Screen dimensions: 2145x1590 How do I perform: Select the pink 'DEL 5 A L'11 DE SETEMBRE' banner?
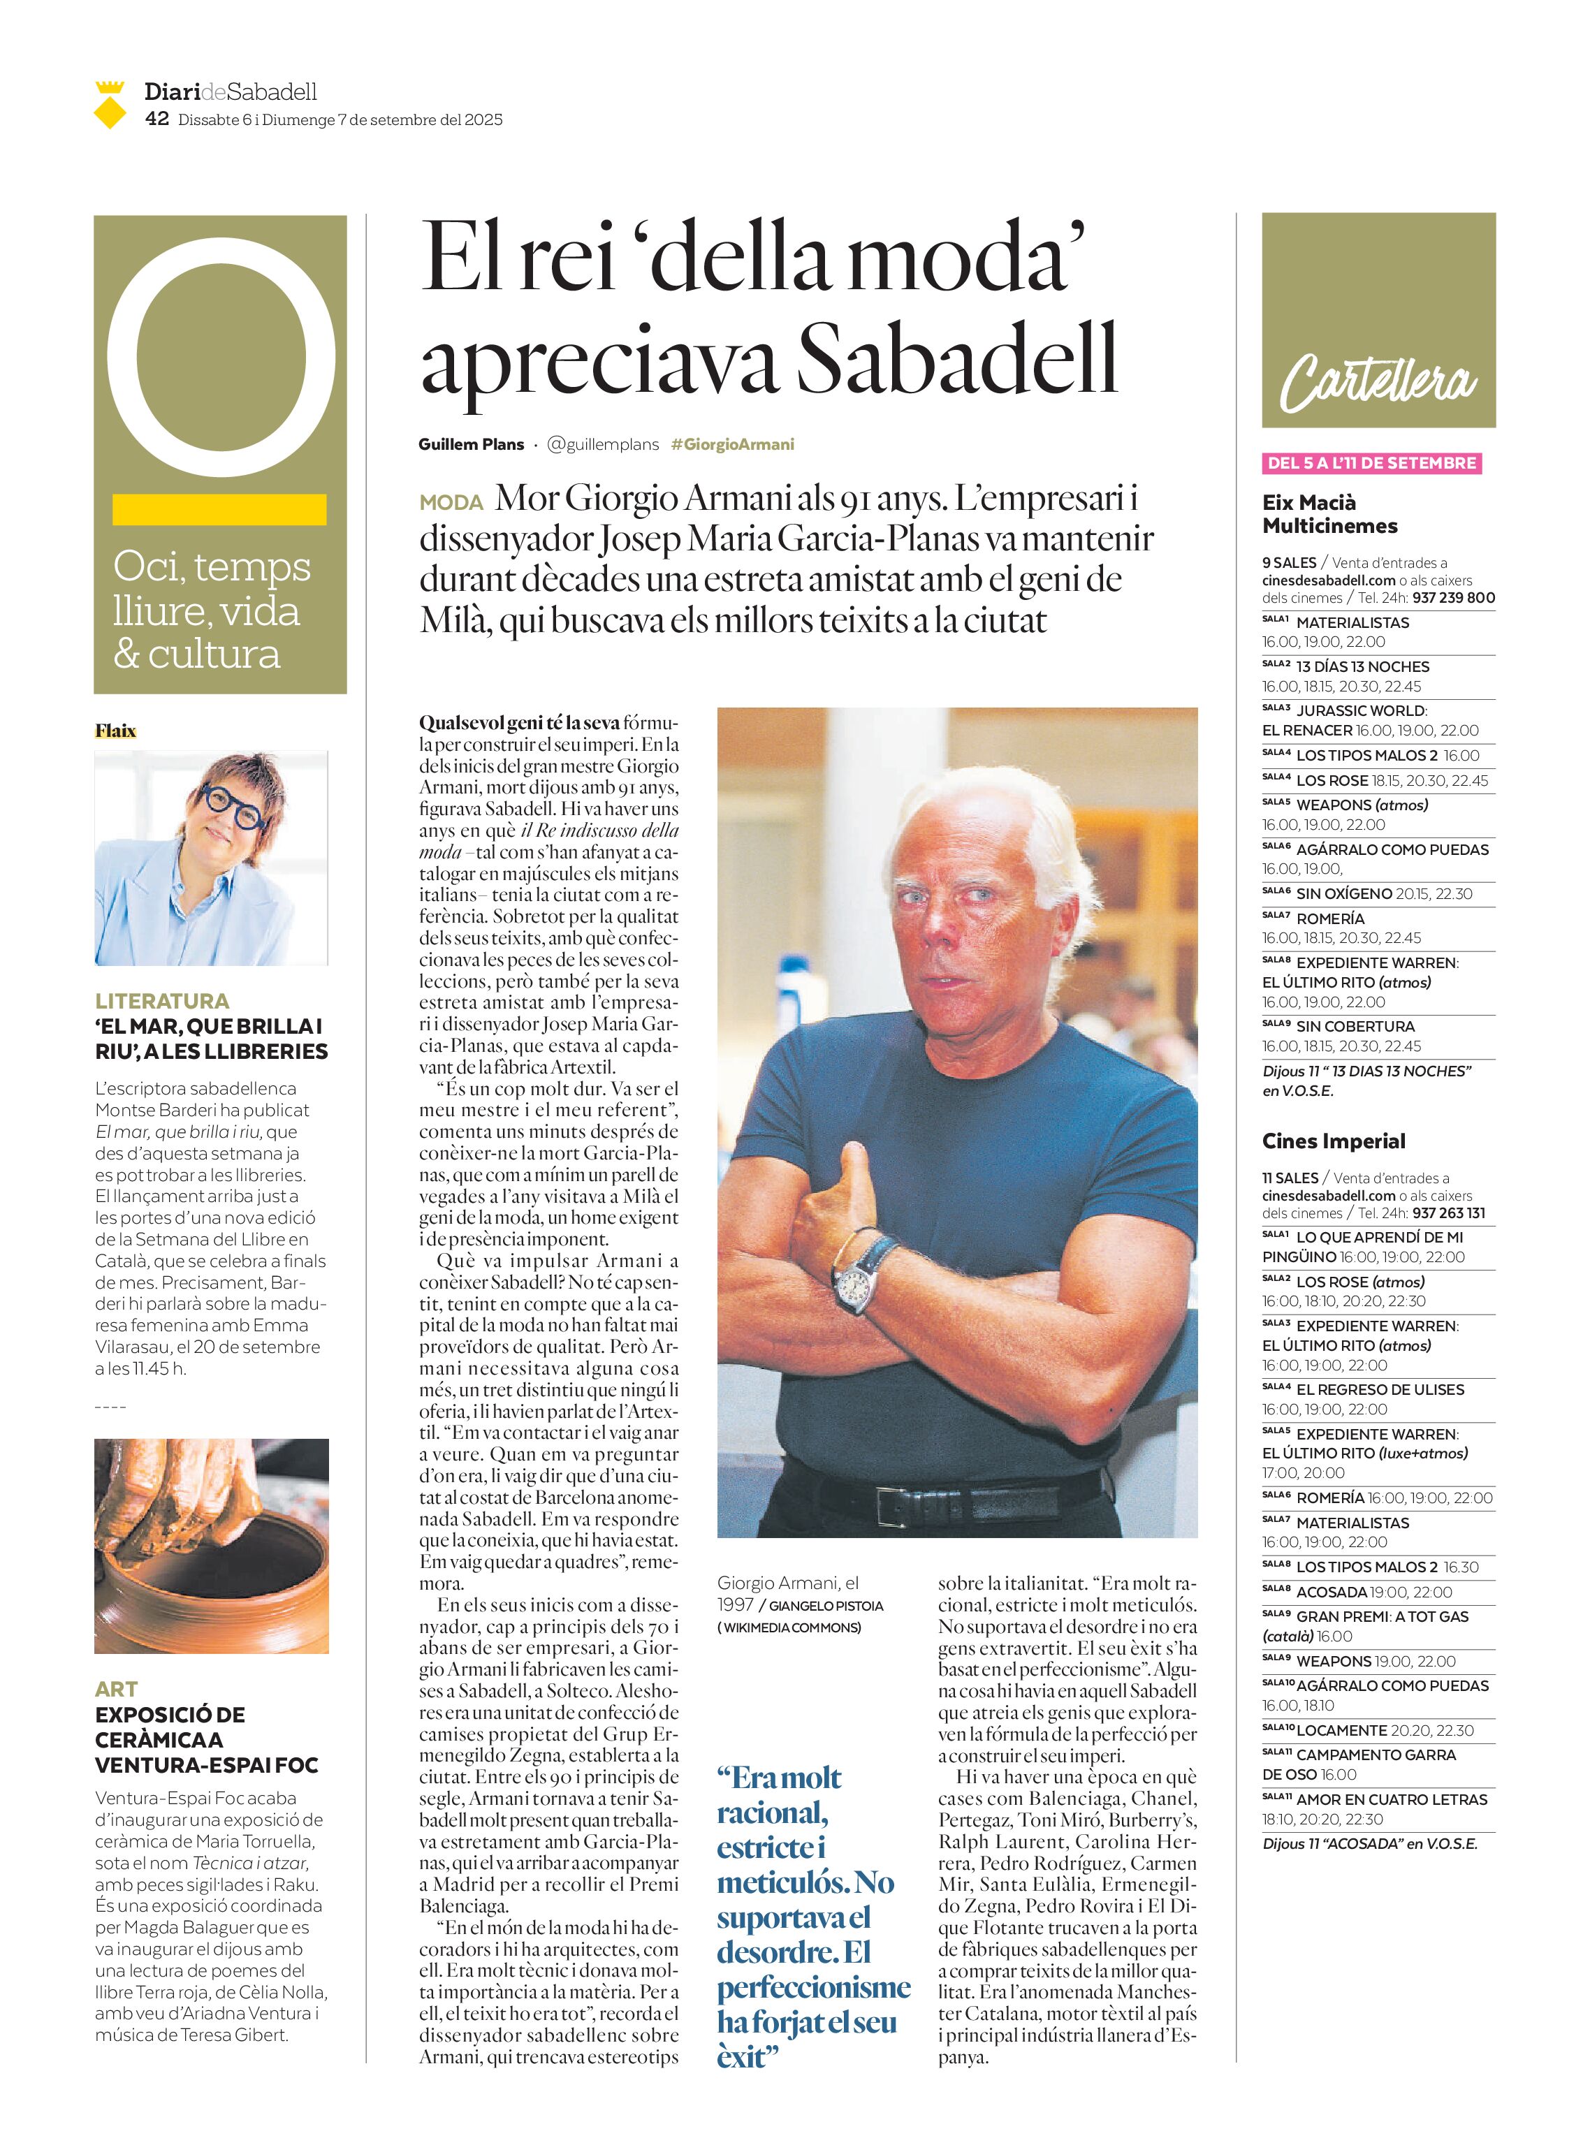[x=1371, y=463]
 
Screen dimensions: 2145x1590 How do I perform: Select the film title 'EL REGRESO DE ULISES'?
[x=1379, y=1389]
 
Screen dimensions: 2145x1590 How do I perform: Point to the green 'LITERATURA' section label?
[x=161, y=1001]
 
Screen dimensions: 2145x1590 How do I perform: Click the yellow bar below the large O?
[x=219, y=509]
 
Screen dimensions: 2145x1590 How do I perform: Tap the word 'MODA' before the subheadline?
[x=451, y=502]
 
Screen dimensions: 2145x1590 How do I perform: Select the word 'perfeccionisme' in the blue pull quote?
[x=813, y=1986]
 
